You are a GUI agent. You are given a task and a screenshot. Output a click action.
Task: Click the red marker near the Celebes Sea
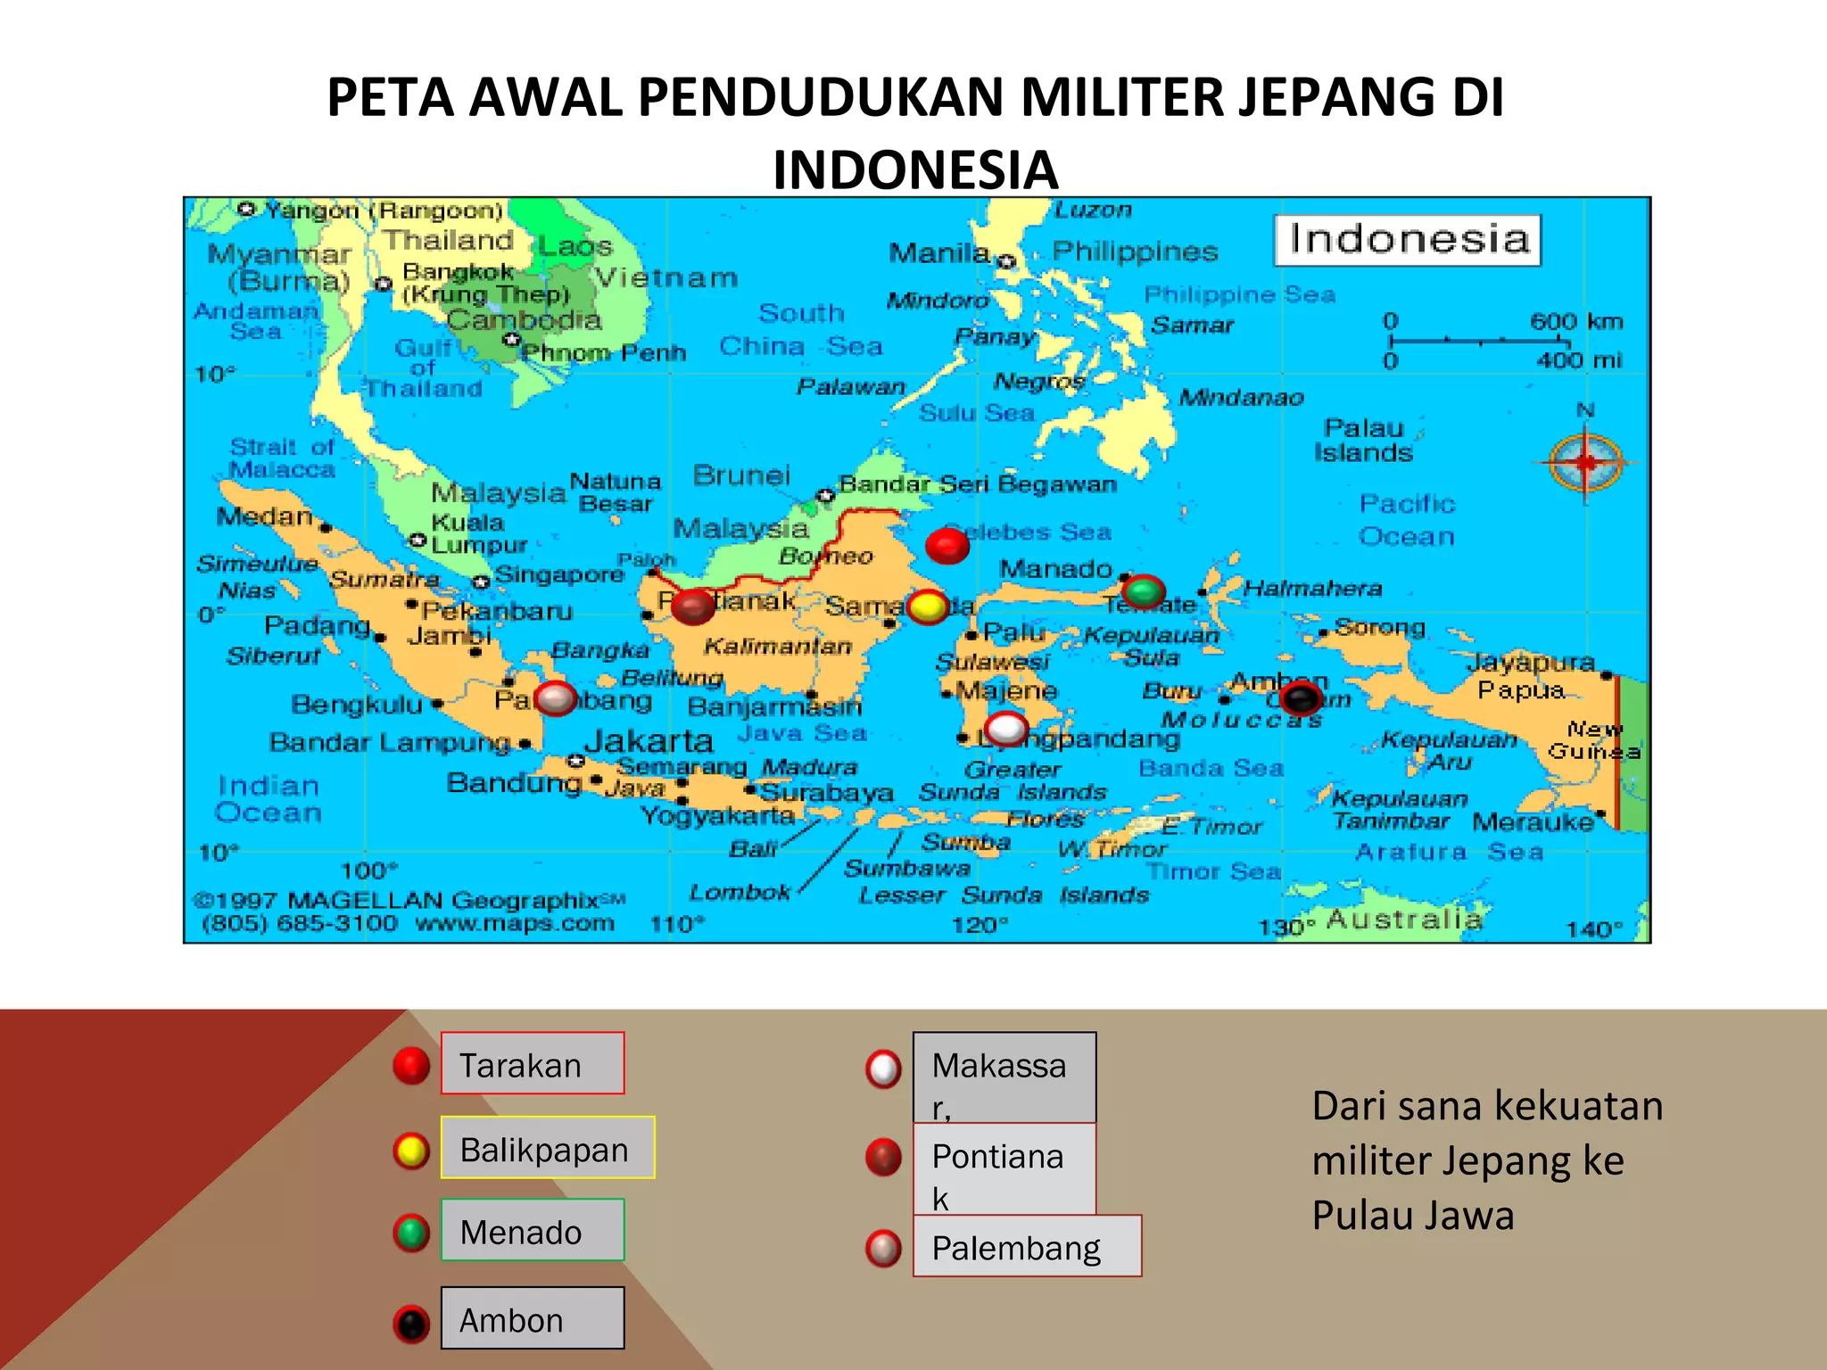pyautogui.click(x=947, y=545)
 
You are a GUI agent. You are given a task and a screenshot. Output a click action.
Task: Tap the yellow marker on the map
pyautogui.click(x=928, y=607)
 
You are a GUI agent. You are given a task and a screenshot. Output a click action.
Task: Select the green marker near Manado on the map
pyautogui.click(x=1143, y=590)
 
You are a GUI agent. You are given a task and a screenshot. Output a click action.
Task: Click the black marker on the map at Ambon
pyautogui.click(x=1301, y=697)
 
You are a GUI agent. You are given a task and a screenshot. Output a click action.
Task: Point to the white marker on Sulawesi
pyautogui.click(x=1007, y=729)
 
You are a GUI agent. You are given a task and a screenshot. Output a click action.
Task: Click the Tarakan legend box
pyautogui.click(x=533, y=1063)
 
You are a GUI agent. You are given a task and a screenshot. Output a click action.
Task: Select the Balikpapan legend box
pyautogui.click(x=548, y=1148)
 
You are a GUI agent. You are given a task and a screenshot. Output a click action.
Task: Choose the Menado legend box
pyautogui.click(x=533, y=1230)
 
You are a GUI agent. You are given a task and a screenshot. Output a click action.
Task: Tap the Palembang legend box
pyautogui.click(x=1027, y=1246)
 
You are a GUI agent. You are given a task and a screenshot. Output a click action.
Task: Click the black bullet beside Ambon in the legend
pyautogui.click(x=412, y=1324)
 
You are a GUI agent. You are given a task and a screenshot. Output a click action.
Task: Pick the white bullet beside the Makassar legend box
pyautogui.click(x=883, y=1069)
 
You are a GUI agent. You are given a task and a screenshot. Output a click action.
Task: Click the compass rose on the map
pyautogui.click(x=1585, y=462)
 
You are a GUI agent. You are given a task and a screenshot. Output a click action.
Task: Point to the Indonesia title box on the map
pyautogui.click(x=1408, y=240)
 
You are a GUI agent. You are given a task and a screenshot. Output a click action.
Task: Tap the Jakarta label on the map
pyautogui.click(x=649, y=741)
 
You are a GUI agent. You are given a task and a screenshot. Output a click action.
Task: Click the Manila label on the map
pyautogui.click(x=939, y=253)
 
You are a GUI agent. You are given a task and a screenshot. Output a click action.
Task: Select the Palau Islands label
pyautogui.click(x=1363, y=441)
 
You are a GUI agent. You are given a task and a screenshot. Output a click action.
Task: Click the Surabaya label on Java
pyautogui.click(x=826, y=793)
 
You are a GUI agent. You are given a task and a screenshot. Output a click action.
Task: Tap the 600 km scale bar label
pyautogui.click(x=1576, y=321)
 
